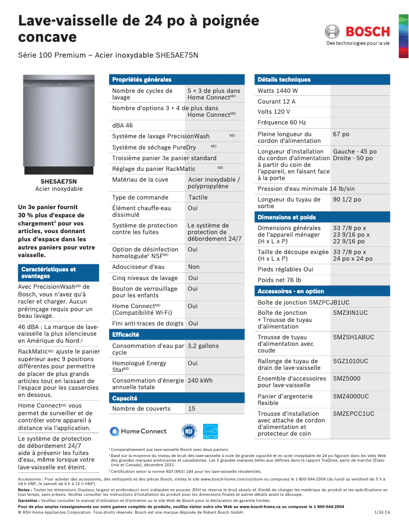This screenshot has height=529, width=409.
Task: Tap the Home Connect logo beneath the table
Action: [131, 431]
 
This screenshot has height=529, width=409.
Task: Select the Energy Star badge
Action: [210, 431]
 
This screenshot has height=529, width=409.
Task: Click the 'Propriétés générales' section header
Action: [142, 80]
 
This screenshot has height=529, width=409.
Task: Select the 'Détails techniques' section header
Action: [284, 80]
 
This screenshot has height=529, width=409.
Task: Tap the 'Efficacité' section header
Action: [125, 335]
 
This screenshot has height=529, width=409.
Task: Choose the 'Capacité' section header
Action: [124, 398]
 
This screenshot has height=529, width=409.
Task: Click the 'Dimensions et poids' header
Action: [287, 217]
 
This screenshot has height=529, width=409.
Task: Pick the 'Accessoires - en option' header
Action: [291, 291]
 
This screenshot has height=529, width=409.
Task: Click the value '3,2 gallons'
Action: [203, 346]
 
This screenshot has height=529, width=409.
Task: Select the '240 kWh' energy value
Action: [200, 381]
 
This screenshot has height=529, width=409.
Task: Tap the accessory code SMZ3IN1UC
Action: [350, 313]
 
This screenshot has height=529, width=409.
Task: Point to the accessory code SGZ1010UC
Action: [350, 361]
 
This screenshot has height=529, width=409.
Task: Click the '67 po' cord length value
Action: [341, 134]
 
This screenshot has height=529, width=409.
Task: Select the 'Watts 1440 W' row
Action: [278, 91]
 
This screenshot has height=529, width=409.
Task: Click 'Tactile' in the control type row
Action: [198, 197]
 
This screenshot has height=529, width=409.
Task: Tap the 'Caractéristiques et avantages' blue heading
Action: [48, 272]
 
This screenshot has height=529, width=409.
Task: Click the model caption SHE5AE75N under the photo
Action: [59, 182]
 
